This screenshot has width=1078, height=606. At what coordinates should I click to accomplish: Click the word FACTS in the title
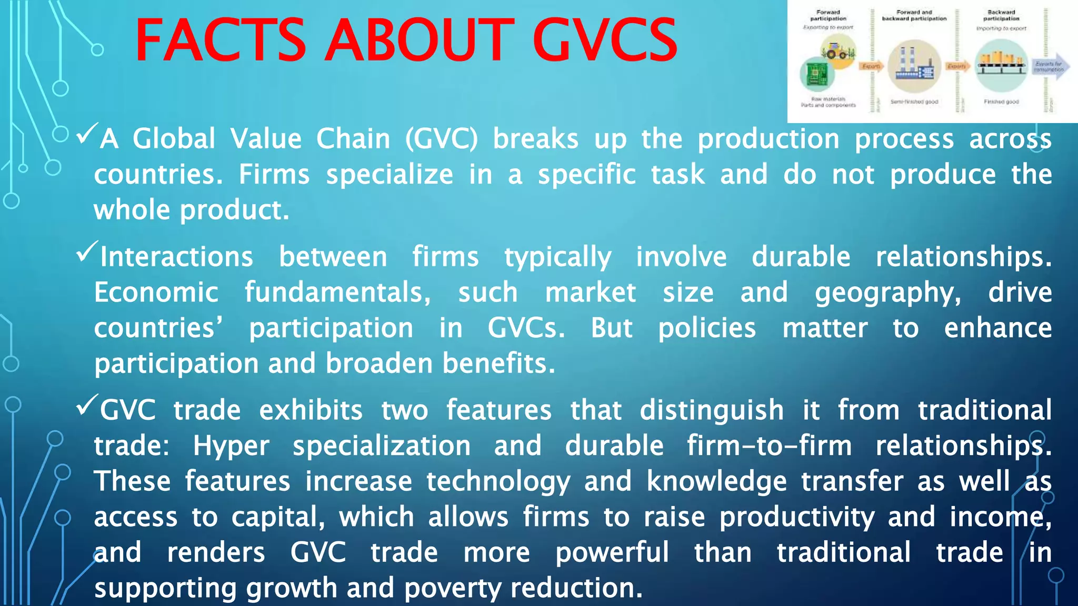[x=220, y=41]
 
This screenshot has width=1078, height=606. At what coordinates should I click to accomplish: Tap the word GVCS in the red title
[x=605, y=41]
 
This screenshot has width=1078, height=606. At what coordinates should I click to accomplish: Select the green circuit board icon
[x=817, y=74]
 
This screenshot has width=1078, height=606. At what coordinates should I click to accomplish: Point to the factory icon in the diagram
[x=914, y=65]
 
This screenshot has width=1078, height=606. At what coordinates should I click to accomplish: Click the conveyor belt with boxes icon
[x=1001, y=65]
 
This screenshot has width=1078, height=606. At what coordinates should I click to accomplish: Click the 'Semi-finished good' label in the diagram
[x=914, y=102]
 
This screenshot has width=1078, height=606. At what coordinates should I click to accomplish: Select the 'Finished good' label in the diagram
[x=1001, y=102]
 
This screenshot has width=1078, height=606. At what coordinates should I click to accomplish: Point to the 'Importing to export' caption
[x=1001, y=28]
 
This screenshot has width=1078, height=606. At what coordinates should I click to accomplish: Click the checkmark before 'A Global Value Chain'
[x=87, y=134]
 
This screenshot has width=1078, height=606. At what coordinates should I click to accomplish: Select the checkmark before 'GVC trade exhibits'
[x=87, y=405]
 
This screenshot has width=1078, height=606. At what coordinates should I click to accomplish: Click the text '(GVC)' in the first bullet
[x=441, y=139]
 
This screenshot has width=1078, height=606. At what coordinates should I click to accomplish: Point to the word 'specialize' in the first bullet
[x=389, y=175]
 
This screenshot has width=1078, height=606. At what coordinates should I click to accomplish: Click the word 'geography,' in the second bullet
[x=887, y=293]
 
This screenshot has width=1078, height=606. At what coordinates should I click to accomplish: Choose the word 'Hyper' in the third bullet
[x=231, y=446]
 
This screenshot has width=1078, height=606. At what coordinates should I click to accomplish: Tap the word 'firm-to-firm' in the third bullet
[x=769, y=446]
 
